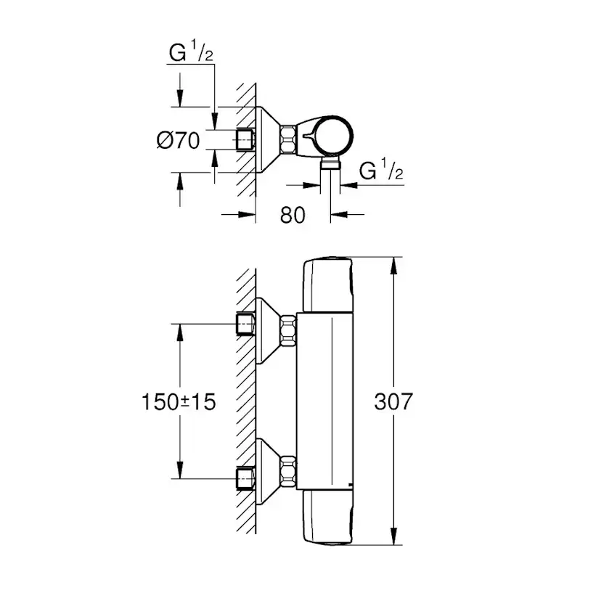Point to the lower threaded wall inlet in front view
pyautogui.click(x=245, y=478)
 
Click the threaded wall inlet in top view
pyautogui.click(x=245, y=139)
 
